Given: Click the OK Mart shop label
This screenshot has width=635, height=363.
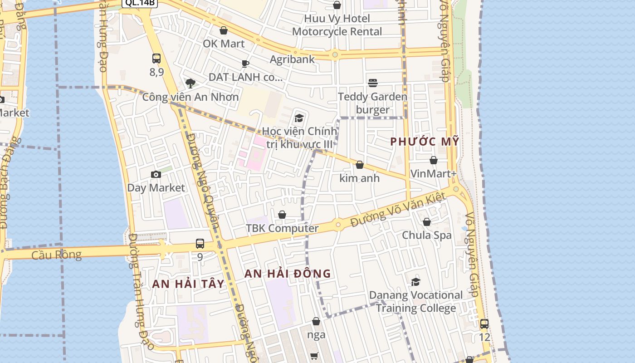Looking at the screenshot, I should point(224,44).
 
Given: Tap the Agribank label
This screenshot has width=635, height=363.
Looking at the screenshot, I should point(292,59).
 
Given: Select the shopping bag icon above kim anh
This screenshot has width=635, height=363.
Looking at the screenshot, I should point(360,165).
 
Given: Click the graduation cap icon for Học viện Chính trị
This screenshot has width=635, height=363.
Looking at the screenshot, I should point(299,118).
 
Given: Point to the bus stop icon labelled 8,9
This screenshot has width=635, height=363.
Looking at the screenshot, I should point(156,59).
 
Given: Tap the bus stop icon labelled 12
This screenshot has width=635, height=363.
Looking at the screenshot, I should point(484,324).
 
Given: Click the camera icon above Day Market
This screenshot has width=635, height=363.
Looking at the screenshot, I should point(156,174).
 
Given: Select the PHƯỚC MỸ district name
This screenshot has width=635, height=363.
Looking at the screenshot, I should point(425,141).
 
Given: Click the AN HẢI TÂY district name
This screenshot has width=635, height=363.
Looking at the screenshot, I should point(188,284).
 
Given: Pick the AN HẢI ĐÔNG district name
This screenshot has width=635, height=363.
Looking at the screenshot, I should point(288,274).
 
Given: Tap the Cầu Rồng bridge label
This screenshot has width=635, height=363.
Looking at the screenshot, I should point(57,255).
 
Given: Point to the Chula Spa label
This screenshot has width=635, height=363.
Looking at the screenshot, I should point(427,235).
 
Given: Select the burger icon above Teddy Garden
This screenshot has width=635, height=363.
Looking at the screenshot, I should point(373,83).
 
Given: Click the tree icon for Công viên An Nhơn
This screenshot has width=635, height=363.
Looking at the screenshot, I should point(190,83).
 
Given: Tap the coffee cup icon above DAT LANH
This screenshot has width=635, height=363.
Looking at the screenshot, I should point(245,64).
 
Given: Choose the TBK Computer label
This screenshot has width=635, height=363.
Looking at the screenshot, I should point(282,228).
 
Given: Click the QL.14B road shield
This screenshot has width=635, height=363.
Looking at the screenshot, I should point(139,2).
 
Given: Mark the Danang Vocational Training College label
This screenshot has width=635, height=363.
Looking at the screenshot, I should point(416,301).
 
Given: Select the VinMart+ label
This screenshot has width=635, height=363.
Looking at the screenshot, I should point(433,173).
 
